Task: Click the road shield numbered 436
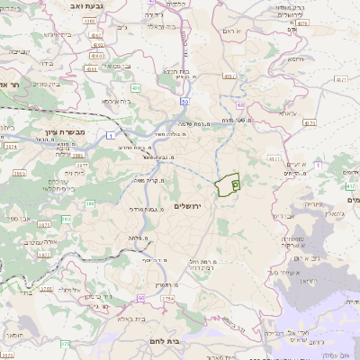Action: [136, 88]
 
